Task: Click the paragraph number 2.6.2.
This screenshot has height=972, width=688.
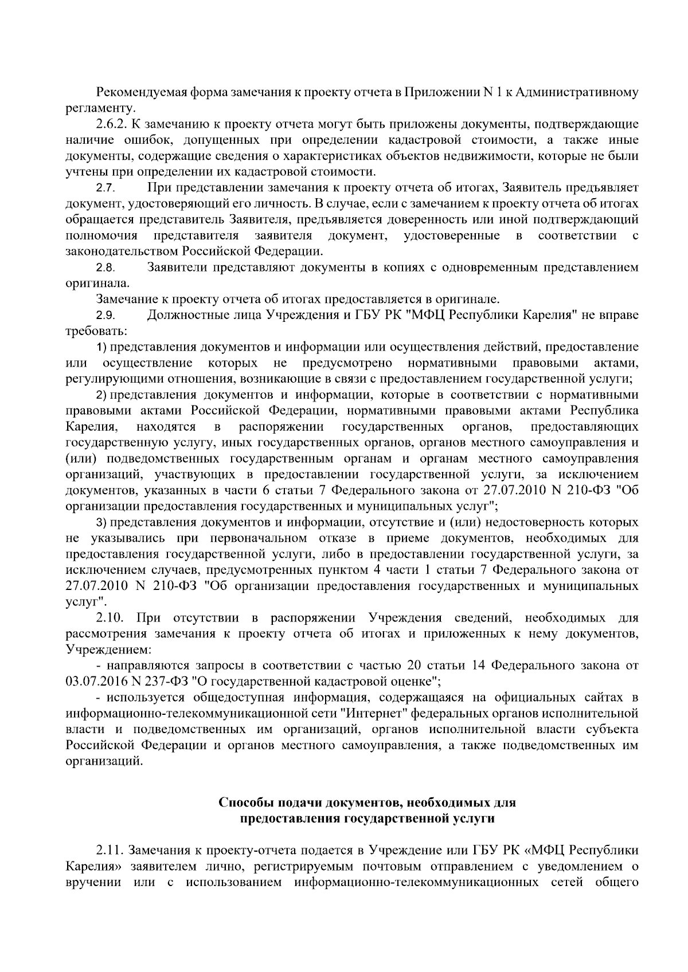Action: coord(112,124)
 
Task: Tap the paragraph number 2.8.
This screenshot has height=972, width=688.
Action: coord(106,267)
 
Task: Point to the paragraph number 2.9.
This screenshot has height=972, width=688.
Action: coord(106,316)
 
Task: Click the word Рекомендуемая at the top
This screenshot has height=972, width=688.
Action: coord(135,92)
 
